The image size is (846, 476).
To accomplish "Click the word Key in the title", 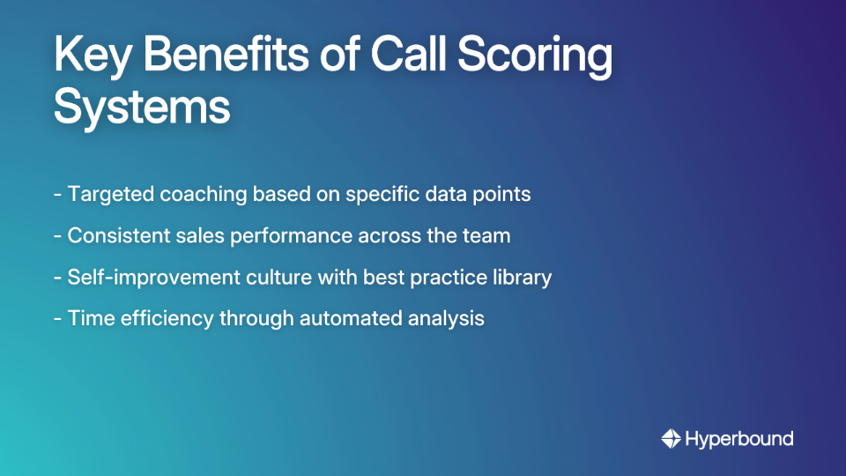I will (92, 57).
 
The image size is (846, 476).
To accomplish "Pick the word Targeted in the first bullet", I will (111, 194).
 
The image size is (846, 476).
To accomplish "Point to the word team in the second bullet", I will (488, 236).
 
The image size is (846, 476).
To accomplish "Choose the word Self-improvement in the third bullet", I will (141, 278).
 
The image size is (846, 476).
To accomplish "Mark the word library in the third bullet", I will (523, 278).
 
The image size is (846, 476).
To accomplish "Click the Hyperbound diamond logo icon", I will (671, 438).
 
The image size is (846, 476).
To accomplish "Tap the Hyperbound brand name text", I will (739, 438).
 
